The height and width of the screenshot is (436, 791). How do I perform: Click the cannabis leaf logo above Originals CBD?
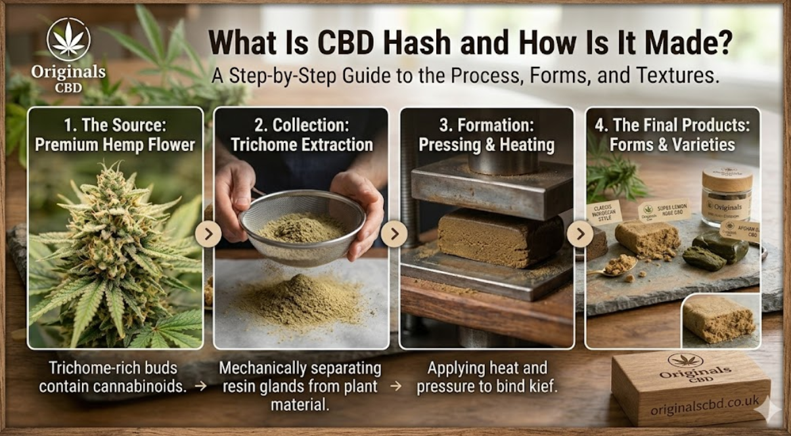(68, 39)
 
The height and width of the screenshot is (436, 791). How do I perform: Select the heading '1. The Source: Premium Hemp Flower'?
(115, 135)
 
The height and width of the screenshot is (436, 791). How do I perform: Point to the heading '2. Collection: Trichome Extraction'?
(301, 135)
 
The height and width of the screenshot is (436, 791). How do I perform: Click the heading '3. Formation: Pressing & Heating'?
(487, 135)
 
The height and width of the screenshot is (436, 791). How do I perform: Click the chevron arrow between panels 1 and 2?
(208, 234)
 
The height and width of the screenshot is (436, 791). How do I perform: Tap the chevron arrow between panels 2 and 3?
(394, 234)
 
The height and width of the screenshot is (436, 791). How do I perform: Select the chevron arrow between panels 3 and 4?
(579, 234)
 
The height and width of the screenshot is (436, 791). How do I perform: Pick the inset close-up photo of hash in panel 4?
(721, 320)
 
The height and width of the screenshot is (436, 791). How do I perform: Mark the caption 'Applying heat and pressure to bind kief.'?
(487, 377)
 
